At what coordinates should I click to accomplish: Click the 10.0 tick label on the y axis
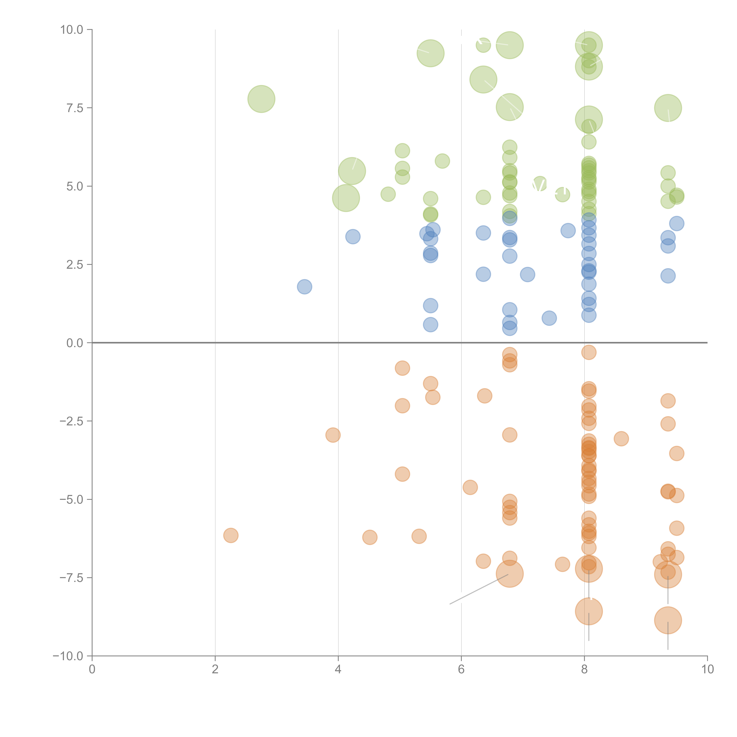[72, 30]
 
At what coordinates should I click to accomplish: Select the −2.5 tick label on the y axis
[72, 421]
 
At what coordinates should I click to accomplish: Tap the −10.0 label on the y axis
[69, 656]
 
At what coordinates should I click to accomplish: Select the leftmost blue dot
[304, 287]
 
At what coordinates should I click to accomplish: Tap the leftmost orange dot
[231, 535]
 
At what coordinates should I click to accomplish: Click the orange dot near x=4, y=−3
[333, 435]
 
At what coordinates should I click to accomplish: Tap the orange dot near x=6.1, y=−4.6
[470, 487]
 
